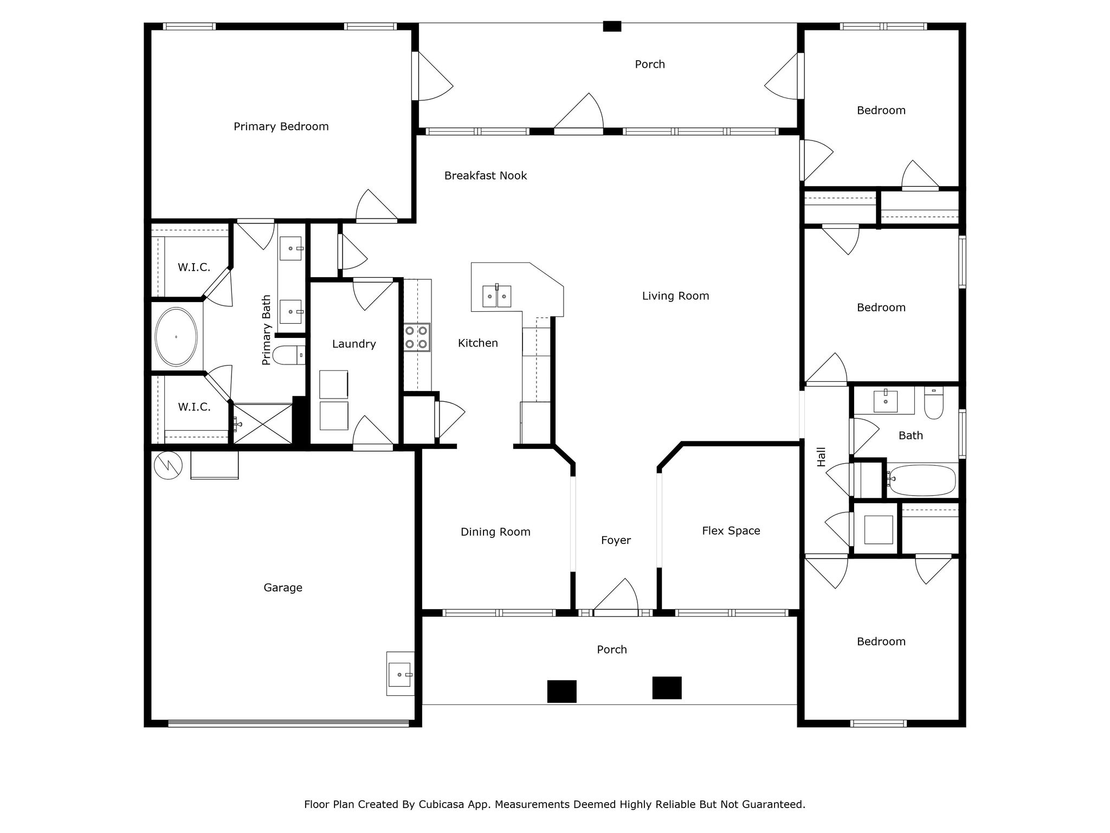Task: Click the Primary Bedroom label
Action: (x=281, y=126)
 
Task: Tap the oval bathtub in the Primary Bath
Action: (x=176, y=337)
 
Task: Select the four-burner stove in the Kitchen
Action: (x=417, y=337)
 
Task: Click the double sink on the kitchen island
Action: (x=497, y=296)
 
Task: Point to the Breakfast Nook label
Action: (x=485, y=176)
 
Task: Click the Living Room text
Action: (x=675, y=296)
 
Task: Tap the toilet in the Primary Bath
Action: (x=288, y=355)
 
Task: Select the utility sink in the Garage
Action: (x=400, y=674)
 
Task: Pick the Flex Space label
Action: (x=731, y=531)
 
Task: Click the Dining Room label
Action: (x=495, y=532)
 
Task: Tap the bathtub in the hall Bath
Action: (x=921, y=480)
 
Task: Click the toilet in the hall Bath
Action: (x=934, y=404)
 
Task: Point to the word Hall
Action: (x=822, y=457)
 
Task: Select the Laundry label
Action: (x=354, y=344)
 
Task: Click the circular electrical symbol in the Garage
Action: (x=168, y=465)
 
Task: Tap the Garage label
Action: (x=282, y=588)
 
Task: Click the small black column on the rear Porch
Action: (x=612, y=26)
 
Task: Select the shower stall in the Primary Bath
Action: (x=263, y=424)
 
